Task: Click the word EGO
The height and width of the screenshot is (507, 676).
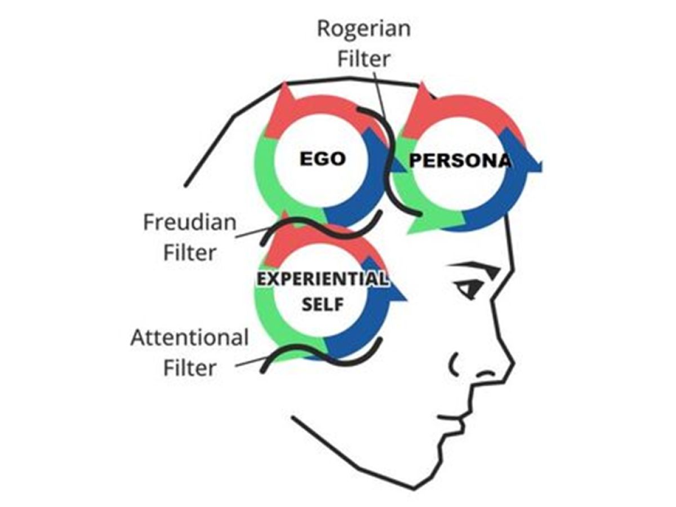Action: (322, 159)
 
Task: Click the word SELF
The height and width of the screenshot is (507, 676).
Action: (322, 305)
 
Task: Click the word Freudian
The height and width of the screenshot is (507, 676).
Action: (189, 223)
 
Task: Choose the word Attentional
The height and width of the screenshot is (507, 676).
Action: (189, 338)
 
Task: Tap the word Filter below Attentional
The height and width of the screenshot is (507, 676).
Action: (190, 368)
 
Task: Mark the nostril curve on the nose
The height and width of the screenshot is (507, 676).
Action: (453, 364)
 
